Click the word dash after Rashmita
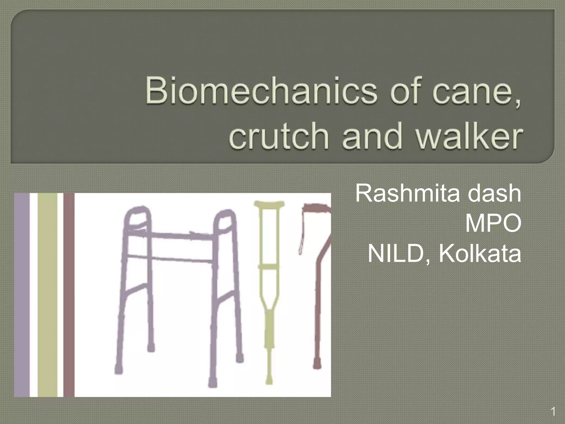tap(494, 193)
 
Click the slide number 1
tap(553, 412)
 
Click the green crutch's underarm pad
tap(269, 205)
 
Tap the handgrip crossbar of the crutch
tap(269, 267)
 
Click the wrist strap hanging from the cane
tap(302, 243)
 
